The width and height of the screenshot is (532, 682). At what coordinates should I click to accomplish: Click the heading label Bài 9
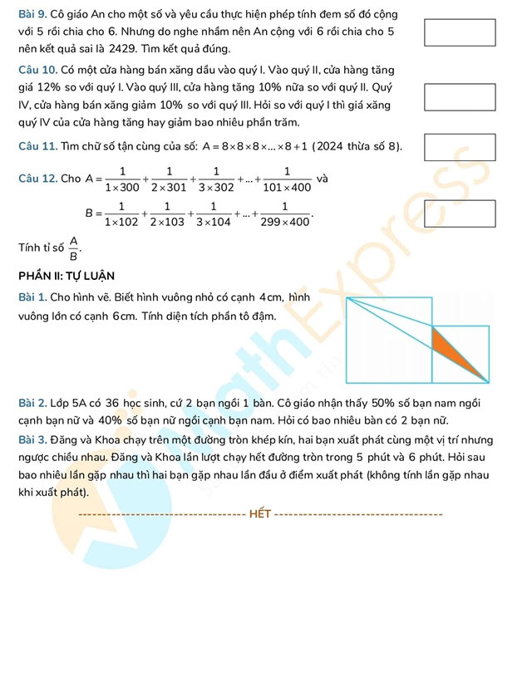coord(31,15)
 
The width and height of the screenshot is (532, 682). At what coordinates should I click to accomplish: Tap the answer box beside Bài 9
coord(460,32)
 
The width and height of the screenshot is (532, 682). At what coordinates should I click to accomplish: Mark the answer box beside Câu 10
coord(460,97)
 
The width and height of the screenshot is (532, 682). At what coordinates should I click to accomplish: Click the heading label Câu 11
coord(37,147)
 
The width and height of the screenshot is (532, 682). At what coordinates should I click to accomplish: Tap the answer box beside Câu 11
coord(460,146)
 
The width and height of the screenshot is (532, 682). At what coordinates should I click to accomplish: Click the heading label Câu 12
coord(37,179)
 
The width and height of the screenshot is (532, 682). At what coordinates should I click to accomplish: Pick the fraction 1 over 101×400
coord(286,179)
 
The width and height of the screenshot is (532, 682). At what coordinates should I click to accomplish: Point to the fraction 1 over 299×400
coord(285,215)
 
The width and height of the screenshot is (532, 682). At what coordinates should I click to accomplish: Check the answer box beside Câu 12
coord(460,213)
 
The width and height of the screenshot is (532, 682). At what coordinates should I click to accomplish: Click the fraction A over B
coord(73,248)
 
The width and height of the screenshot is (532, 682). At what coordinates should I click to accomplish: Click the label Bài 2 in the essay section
coord(31,404)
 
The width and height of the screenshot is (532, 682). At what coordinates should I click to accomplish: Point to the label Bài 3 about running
coord(31,440)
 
